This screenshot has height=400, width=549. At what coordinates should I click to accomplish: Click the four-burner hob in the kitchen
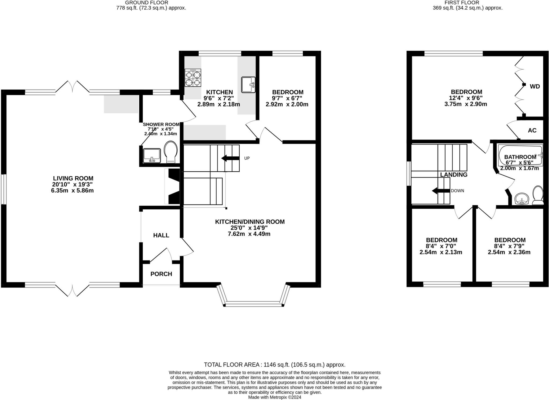point(193,78)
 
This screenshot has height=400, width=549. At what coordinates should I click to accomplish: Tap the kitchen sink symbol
point(248,85)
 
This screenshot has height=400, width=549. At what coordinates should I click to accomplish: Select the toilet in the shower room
point(171,152)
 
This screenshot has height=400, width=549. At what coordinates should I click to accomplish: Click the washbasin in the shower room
point(152,156)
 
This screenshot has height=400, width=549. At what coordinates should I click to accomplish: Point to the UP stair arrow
point(230,158)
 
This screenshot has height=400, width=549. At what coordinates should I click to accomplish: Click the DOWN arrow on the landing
point(441,191)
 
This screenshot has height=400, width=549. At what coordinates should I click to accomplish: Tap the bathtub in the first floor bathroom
point(520,156)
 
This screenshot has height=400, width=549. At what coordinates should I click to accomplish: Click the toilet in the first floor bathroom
point(538,195)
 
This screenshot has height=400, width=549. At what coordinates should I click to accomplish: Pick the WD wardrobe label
point(535,86)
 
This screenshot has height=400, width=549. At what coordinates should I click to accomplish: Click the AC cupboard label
point(532,130)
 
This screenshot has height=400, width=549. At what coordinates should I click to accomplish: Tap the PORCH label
point(161,274)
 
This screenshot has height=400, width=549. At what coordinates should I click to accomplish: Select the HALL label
point(161,235)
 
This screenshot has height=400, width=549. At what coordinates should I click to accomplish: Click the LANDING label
point(454,175)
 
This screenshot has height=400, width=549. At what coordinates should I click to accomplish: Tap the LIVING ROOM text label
point(73,178)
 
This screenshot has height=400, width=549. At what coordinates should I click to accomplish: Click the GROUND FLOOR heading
point(147,2)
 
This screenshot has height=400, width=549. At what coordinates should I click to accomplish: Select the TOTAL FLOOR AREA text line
point(274,365)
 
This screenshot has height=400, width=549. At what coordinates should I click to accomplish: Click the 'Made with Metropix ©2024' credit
point(274,397)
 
